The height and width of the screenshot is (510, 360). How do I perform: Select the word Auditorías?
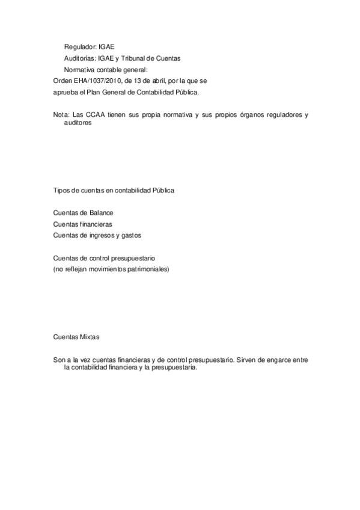[79, 58]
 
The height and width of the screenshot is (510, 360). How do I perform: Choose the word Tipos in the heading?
[62, 191]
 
